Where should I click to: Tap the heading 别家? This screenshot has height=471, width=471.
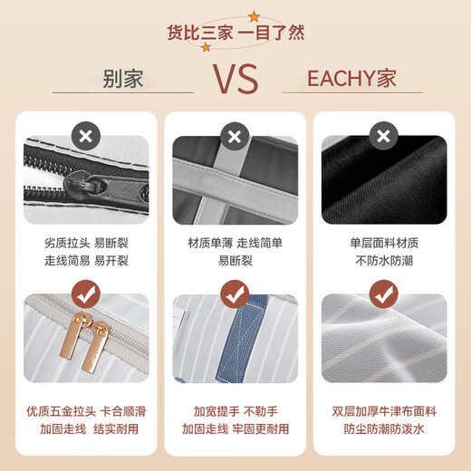(x=122, y=78)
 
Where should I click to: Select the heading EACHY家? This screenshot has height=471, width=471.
(x=351, y=78)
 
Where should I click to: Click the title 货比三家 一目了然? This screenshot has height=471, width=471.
(x=235, y=33)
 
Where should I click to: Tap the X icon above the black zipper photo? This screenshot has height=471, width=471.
(x=85, y=138)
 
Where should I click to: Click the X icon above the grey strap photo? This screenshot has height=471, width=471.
(x=235, y=138)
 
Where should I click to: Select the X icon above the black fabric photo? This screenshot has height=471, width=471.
(x=384, y=138)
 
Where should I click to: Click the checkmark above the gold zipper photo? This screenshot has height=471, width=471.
(x=85, y=294)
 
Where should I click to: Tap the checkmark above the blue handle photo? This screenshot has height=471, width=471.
(x=235, y=294)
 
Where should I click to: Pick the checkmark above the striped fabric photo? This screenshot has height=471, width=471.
(x=384, y=294)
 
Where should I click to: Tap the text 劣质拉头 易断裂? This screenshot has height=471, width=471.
(x=86, y=243)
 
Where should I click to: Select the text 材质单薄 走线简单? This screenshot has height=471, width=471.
(x=235, y=243)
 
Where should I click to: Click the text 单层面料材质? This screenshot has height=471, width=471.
(x=384, y=243)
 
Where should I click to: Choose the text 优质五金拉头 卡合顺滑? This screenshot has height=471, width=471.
(x=86, y=410)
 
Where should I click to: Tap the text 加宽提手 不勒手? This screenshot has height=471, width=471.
(x=235, y=410)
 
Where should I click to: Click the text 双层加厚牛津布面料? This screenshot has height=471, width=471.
(x=384, y=410)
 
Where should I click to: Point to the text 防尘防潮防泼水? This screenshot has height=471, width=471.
(x=384, y=429)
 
